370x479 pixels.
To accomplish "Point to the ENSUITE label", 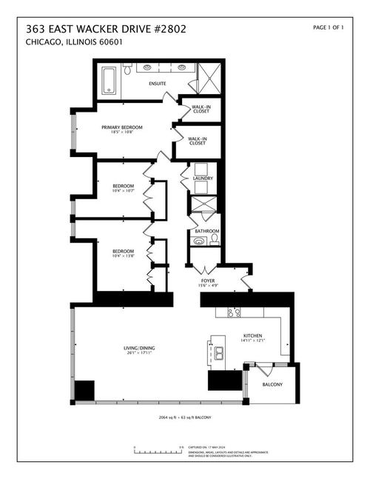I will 157,84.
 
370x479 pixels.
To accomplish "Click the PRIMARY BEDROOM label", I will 122,127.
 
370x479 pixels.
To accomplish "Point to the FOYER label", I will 207,281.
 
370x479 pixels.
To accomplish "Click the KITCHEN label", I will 254,336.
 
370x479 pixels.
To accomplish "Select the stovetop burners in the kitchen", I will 234,313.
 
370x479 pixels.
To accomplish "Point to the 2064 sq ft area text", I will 185,418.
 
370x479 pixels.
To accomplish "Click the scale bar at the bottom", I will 158,449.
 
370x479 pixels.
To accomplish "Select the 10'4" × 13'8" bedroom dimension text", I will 123,256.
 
